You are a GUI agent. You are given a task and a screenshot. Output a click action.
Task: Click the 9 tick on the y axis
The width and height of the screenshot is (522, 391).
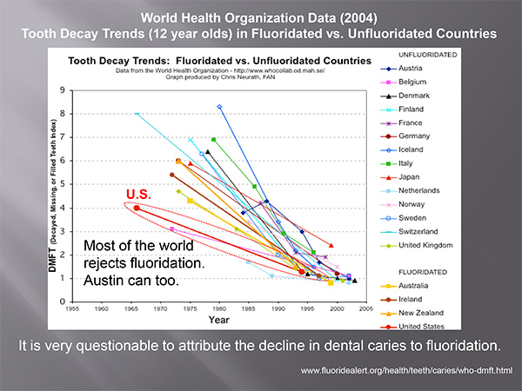63,89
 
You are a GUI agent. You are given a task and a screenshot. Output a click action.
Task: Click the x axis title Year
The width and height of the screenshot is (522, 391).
219,320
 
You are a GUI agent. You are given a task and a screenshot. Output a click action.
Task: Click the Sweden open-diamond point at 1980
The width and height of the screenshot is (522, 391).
219,108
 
